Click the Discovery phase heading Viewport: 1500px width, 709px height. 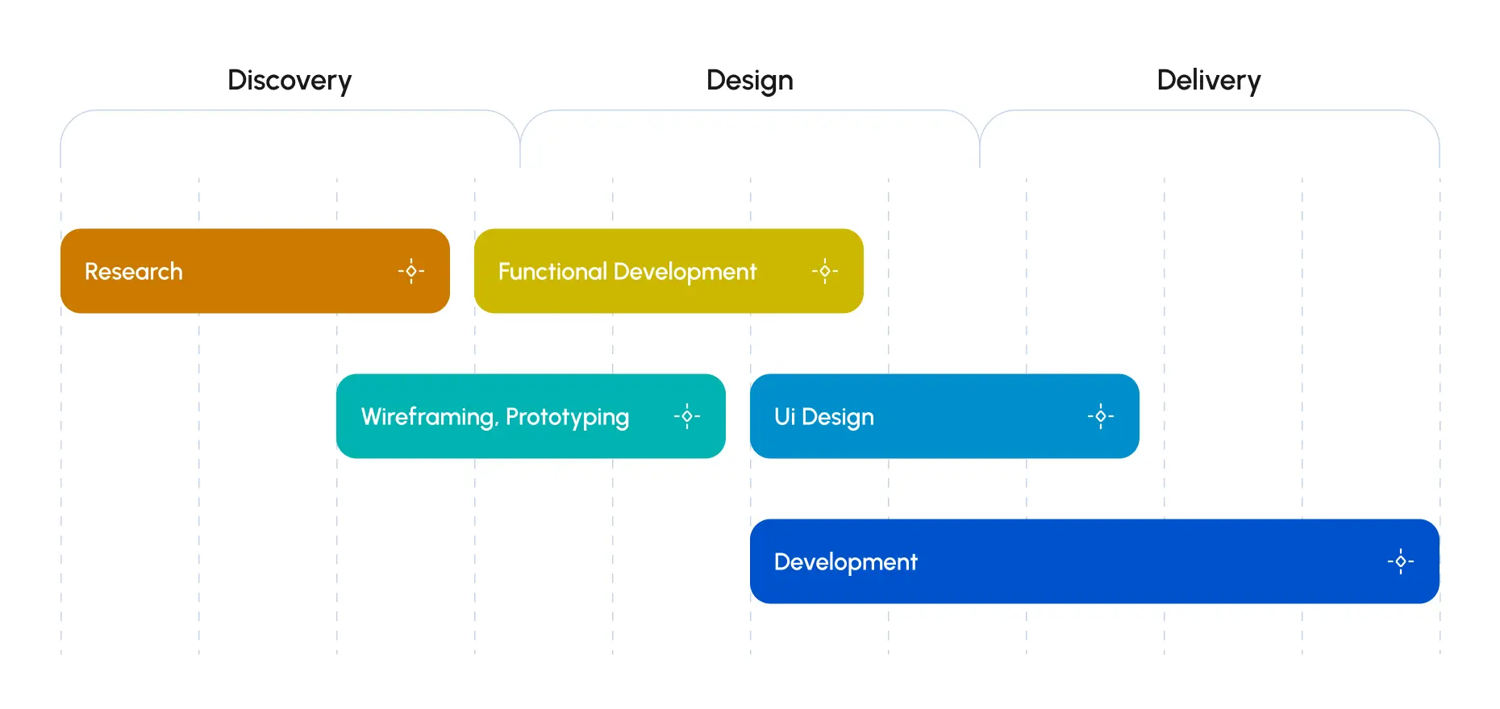290,81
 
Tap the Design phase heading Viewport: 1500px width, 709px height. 749,81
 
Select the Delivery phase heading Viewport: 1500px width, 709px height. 1208,81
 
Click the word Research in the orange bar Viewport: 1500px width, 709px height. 134,272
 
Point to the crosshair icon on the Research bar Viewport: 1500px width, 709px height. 411,271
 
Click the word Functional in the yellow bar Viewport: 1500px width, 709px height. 552,272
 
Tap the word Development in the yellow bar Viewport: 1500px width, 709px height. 685,272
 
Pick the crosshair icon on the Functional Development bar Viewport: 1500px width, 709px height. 825,271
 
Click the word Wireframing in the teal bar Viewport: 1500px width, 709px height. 428,417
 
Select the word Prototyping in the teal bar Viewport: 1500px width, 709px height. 567,417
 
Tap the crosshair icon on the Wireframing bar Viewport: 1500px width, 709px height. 687,416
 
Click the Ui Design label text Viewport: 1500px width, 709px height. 823,417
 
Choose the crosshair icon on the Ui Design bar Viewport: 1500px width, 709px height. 1101,416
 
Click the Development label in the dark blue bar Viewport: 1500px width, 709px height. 845,562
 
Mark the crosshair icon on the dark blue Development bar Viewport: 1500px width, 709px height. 1401,561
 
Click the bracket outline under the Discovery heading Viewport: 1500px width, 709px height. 290,111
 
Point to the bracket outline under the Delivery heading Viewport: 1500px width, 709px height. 1209,111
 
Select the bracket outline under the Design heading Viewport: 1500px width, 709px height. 749,111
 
